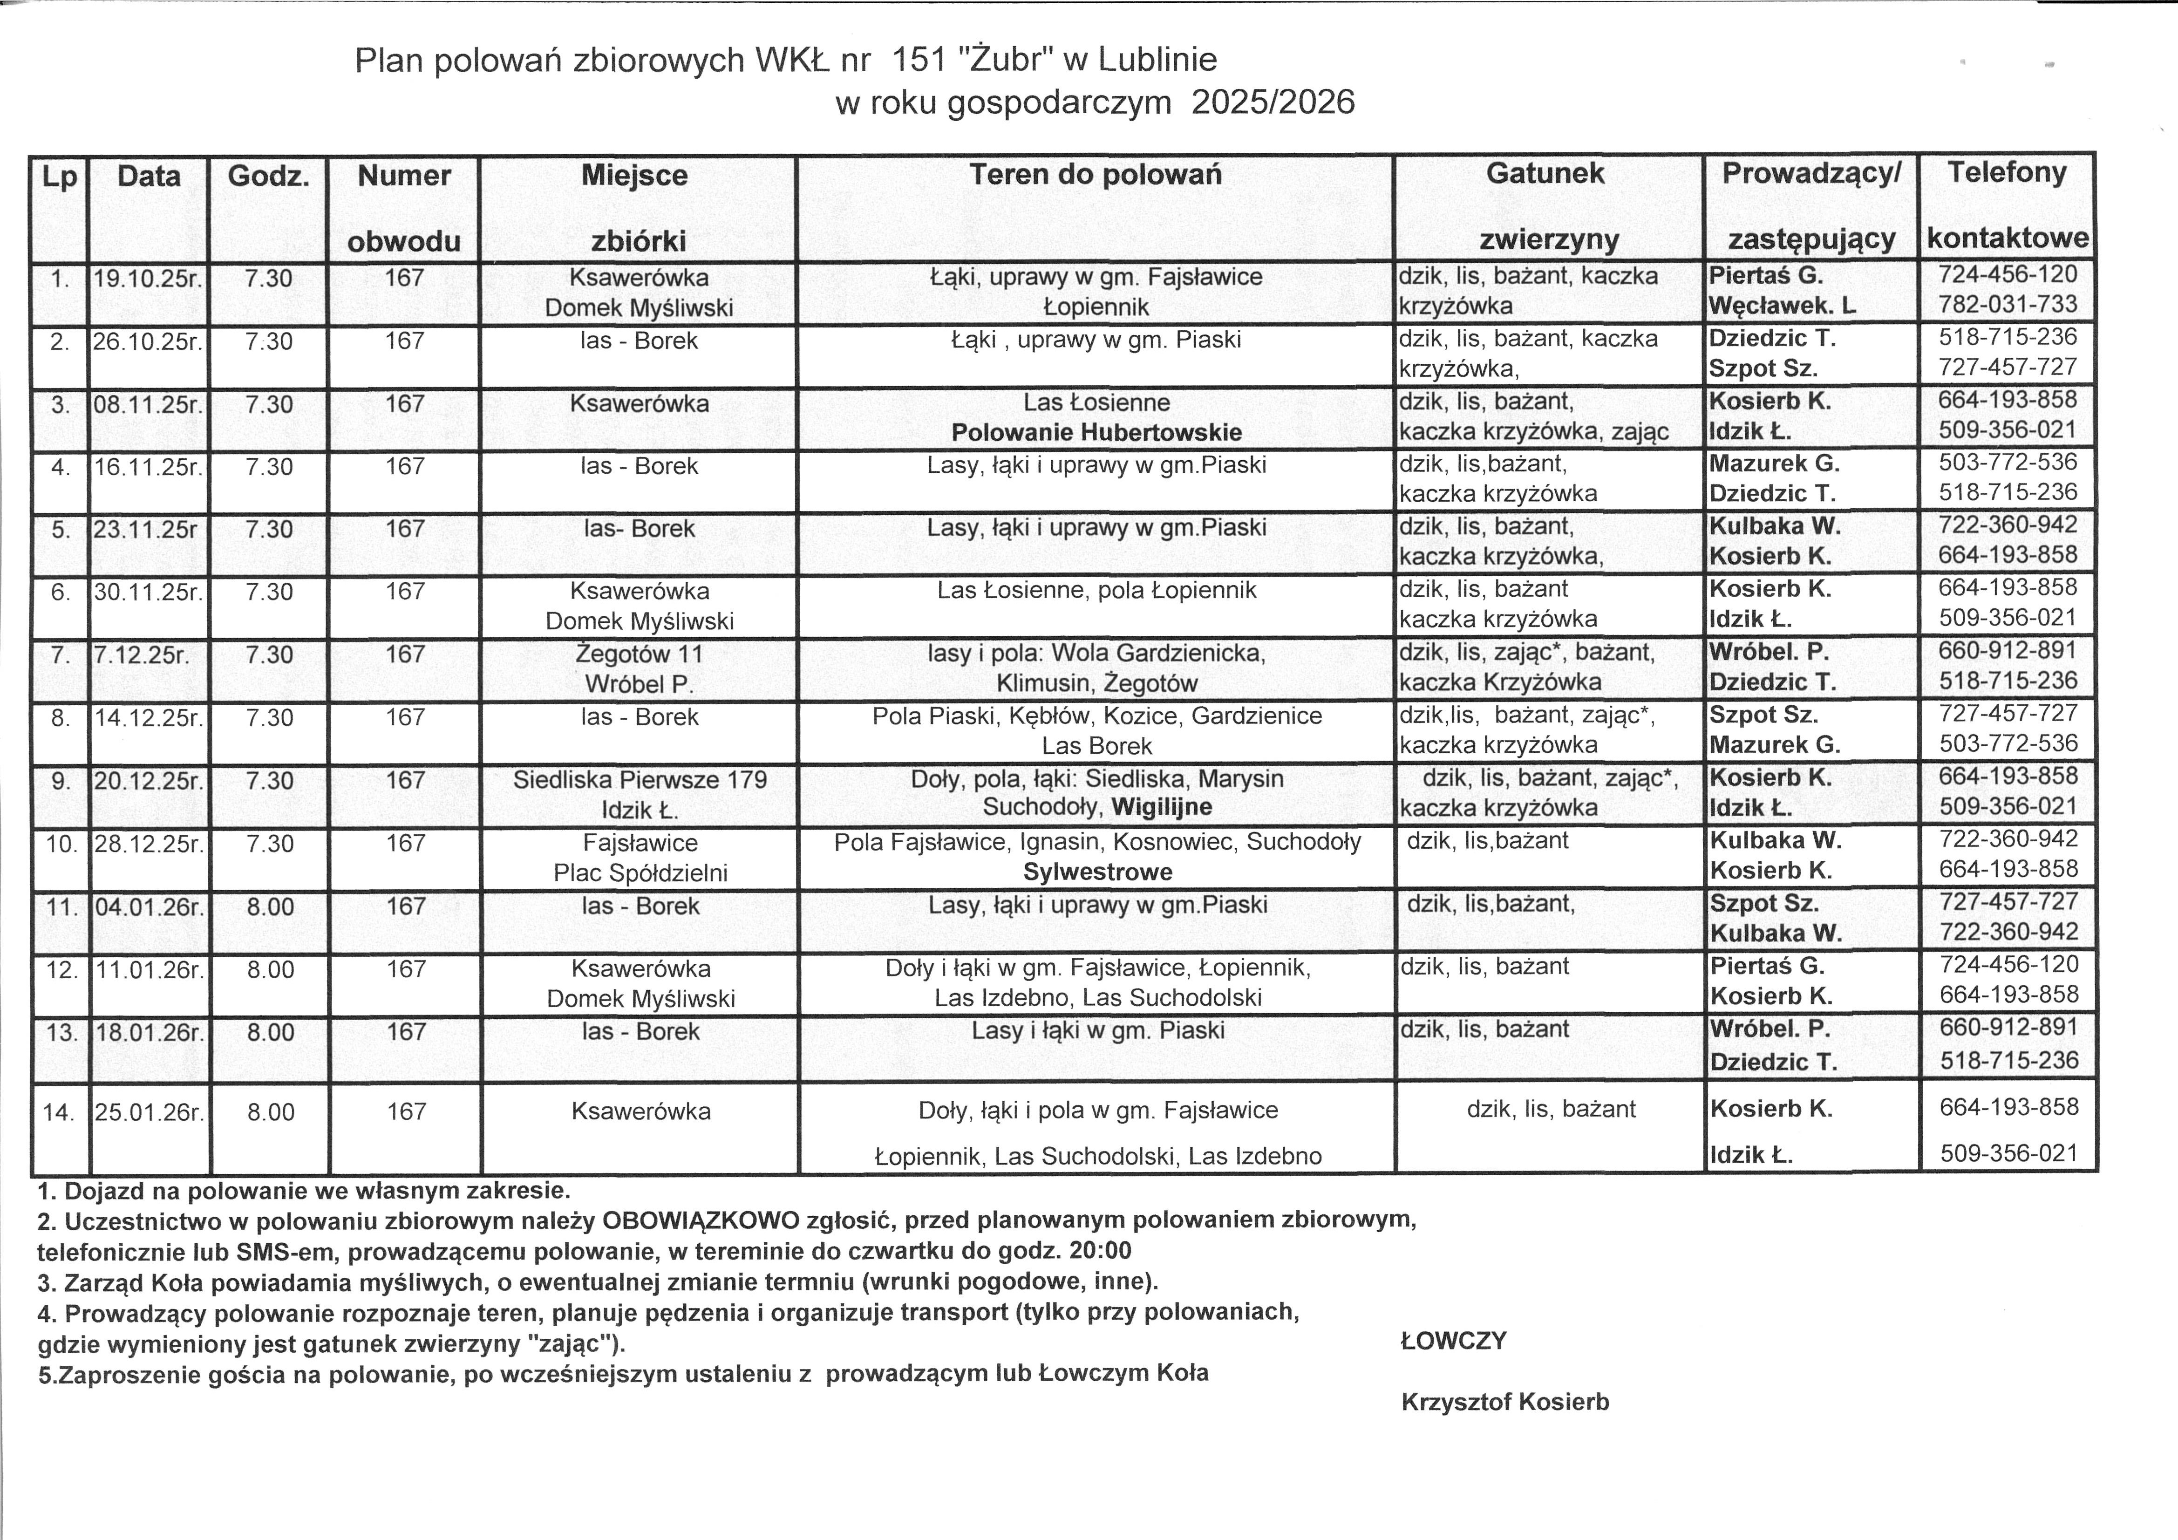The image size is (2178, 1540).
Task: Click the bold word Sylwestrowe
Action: coord(1097,872)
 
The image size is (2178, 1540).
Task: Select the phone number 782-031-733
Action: coord(2007,305)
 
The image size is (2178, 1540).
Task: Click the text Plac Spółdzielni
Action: coord(640,873)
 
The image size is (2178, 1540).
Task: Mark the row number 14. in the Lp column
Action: coord(59,1112)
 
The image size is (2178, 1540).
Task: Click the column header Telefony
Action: coord(2006,173)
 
